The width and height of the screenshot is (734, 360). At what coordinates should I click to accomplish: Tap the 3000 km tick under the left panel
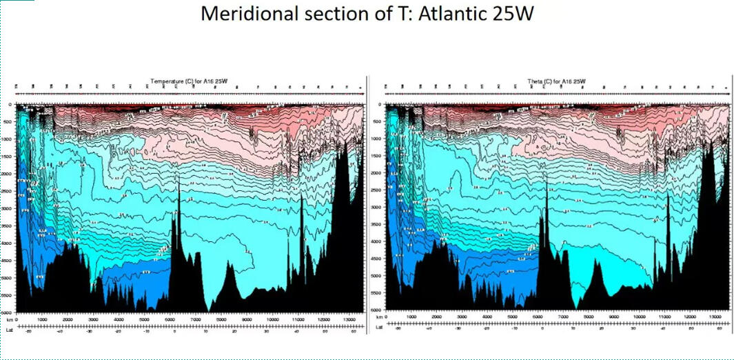pos(93,320)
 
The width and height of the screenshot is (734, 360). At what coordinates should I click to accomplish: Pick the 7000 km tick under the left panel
pos(196,320)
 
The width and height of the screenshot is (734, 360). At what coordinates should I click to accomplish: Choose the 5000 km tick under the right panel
pos(513,320)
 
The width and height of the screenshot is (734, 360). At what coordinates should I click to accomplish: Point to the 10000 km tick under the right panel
pos(640,320)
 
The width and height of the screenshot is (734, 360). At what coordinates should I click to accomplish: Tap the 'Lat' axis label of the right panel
pos(376,330)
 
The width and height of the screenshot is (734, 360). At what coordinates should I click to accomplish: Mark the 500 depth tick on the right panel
pos(378,121)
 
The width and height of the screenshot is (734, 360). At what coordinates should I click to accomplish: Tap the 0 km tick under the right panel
pos(386,320)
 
